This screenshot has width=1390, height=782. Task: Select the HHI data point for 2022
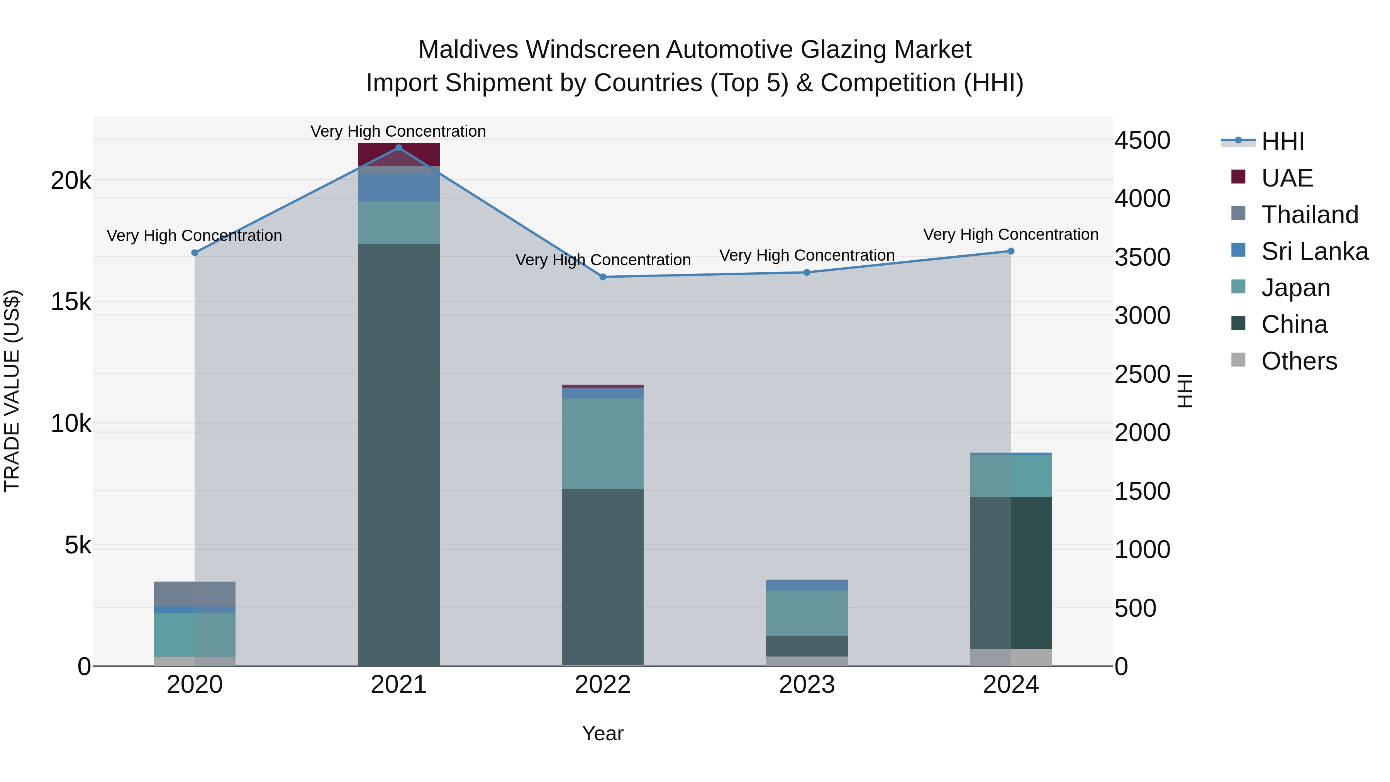pos(603,277)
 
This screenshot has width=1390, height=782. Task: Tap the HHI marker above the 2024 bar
pos(1011,251)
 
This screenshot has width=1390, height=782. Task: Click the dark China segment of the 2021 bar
pos(399,453)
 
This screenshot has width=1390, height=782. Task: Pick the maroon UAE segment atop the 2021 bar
pos(399,154)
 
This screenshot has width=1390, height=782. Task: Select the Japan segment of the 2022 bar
pos(603,444)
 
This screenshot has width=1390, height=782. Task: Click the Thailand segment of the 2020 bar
pos(195,594)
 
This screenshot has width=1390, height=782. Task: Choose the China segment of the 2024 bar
pos(1011,572)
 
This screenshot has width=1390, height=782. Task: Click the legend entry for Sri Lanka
pos(1314,251)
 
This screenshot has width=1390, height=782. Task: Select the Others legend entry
pos(1299,361)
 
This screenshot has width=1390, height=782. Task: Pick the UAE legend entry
pos(1287,178)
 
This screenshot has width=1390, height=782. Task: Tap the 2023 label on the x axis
pos(807,685)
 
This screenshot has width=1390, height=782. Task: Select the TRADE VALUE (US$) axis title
pos(12,391)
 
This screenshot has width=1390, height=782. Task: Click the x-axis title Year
pos(603,733)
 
